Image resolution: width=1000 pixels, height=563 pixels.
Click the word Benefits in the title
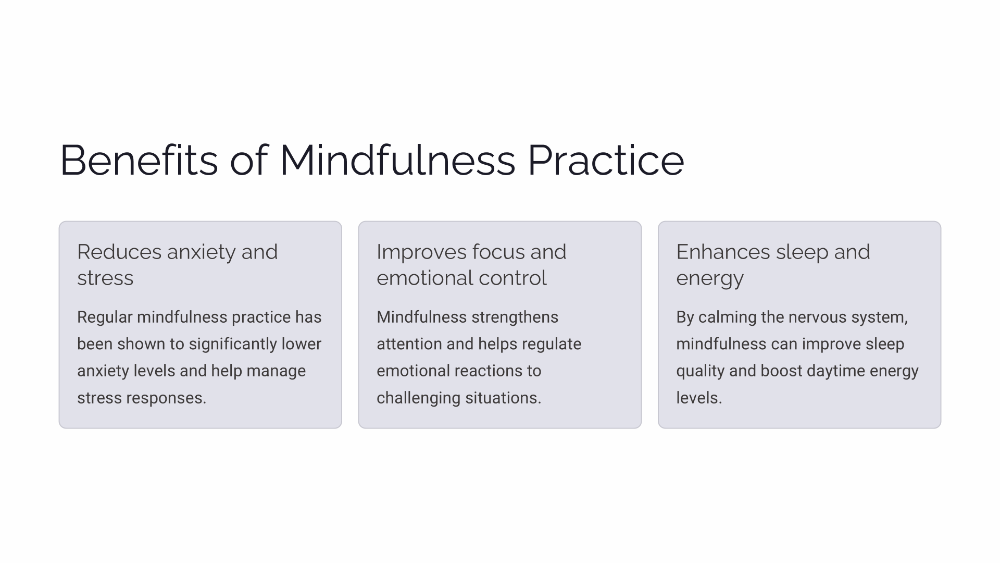point(139,160)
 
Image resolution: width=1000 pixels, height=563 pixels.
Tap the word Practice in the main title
point(606,160)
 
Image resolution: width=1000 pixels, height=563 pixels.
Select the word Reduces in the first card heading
point(119,252)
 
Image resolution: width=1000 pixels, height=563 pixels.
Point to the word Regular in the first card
point(105,317)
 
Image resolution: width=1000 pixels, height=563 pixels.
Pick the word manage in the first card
point(276,371)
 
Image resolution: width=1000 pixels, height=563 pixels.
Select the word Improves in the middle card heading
point(421,252)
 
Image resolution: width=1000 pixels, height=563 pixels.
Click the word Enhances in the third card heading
point(723,252)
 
